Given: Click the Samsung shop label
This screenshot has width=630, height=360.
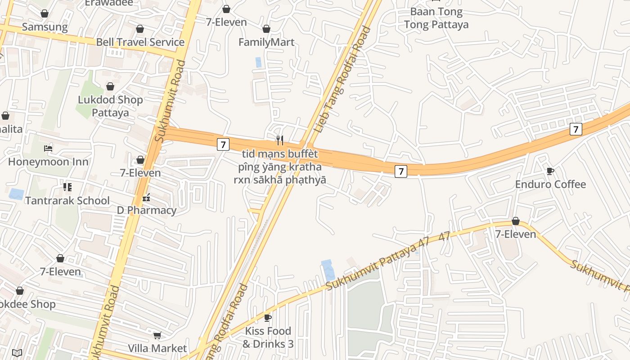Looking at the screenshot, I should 45,27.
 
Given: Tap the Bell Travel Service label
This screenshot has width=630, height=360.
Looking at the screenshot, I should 140,42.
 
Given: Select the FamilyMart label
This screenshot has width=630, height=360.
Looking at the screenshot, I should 266,42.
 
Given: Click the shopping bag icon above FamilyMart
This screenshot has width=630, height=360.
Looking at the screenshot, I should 266,29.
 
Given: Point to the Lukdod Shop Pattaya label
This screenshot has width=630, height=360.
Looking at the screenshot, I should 110,106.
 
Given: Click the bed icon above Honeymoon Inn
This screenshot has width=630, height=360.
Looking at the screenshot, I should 48,148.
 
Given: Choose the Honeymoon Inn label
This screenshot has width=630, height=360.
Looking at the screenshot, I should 48,162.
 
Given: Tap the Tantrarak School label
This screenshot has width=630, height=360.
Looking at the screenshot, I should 67,200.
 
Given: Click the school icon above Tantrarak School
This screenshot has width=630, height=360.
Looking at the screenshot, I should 67,187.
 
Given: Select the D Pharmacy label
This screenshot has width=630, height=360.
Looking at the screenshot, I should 147,210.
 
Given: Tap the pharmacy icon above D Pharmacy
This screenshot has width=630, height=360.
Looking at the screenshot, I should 146,197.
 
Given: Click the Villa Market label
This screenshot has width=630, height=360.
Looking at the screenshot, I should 157,348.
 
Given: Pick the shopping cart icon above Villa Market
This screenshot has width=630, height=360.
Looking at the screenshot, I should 157,335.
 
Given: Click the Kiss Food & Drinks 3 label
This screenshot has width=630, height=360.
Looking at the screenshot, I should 268,337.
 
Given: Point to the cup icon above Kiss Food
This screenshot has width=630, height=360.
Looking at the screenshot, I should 268,318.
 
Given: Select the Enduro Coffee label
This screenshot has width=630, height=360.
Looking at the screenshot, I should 550,184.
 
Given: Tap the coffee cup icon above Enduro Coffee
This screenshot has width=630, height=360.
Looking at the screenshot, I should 550,171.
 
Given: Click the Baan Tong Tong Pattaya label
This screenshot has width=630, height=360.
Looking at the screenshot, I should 436,18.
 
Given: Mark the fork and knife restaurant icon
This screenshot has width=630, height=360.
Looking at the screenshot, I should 280,140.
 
